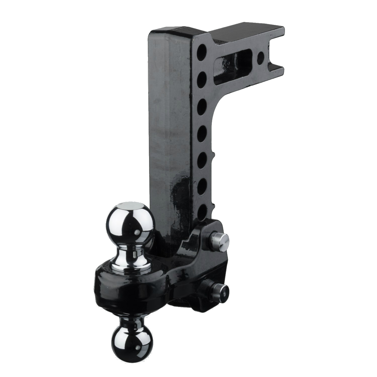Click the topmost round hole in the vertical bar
click(202, 51)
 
